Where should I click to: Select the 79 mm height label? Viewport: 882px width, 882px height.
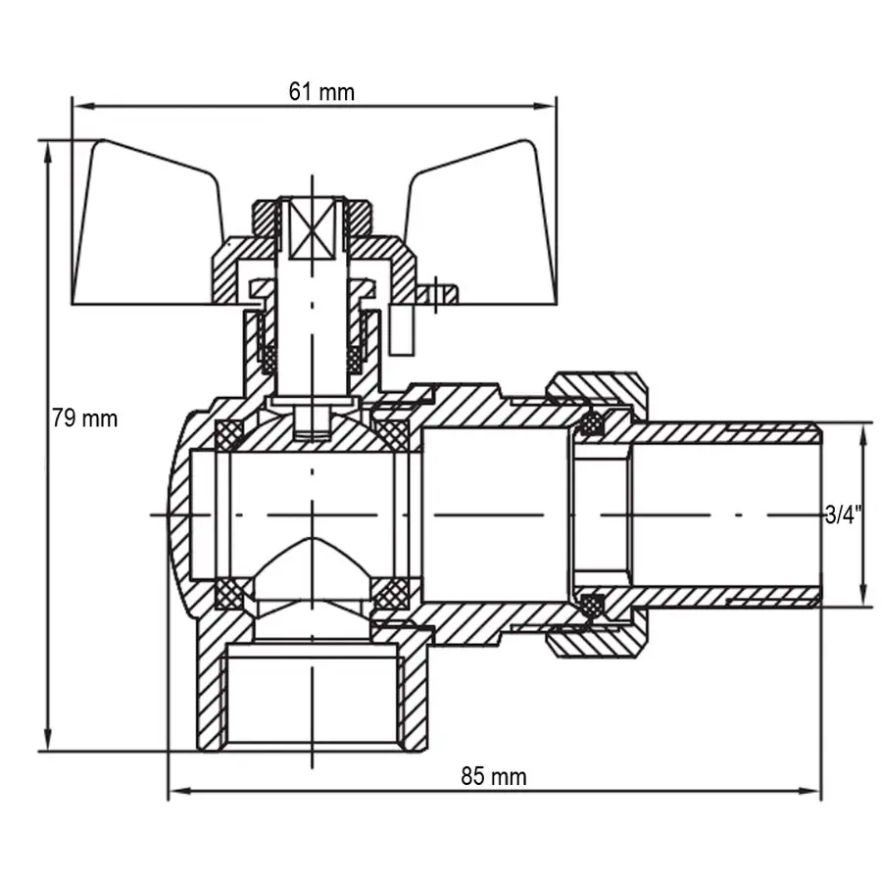[x=84, y=418]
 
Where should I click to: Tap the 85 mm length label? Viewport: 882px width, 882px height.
[x=494, y=777]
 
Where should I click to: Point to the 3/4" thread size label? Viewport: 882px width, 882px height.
[x=842, y=514]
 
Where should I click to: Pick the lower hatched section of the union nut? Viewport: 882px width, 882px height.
[x=598, y=642]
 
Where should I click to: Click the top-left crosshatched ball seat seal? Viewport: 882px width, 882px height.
[x=231, y=434]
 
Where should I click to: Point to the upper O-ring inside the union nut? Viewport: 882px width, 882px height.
[x=591, y=423]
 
